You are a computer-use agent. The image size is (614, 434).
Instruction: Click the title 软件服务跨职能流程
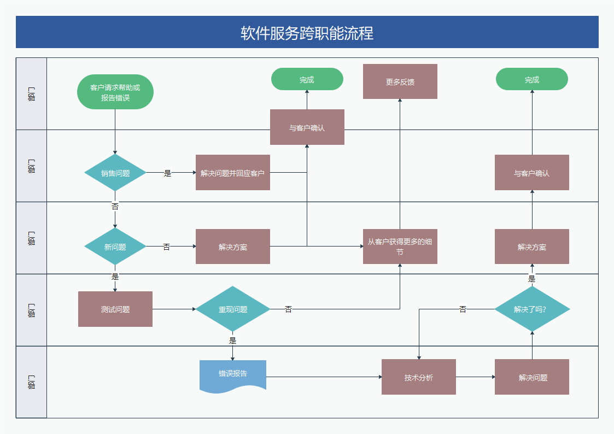click(307, 33)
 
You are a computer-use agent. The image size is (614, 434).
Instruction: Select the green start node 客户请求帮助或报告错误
click(115, 92)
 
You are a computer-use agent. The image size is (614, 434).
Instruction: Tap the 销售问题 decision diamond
click(115, 173)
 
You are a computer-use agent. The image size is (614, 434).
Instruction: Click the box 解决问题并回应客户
click(232, 173)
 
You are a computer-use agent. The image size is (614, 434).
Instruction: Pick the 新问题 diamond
click(115, 247)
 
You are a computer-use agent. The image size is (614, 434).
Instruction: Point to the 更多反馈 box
click(400, 81)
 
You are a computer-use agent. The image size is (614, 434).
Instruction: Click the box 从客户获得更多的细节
click(400, 247)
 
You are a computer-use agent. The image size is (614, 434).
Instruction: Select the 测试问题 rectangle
click(115, 309)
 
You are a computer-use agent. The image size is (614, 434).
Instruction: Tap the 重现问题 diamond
click(233, 309)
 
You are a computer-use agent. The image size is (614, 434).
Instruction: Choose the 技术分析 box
click(418, 377)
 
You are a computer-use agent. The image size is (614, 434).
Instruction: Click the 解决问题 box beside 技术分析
click(532, 377)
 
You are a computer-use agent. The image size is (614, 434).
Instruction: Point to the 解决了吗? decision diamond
click(532, 309)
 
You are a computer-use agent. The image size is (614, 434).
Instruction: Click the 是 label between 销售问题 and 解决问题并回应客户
click(167, 173)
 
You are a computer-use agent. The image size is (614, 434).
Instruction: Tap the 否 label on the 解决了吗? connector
click(463, 309)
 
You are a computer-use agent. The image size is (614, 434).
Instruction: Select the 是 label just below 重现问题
click(232, 341)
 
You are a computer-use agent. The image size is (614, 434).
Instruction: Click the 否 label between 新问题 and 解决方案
click(167, 247)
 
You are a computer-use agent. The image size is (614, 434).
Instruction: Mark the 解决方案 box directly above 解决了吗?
click(532, 247)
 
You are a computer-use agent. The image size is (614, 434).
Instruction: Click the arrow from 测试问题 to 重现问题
click(174, 309)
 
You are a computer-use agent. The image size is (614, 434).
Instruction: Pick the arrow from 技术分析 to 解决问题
click(475, 377)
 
